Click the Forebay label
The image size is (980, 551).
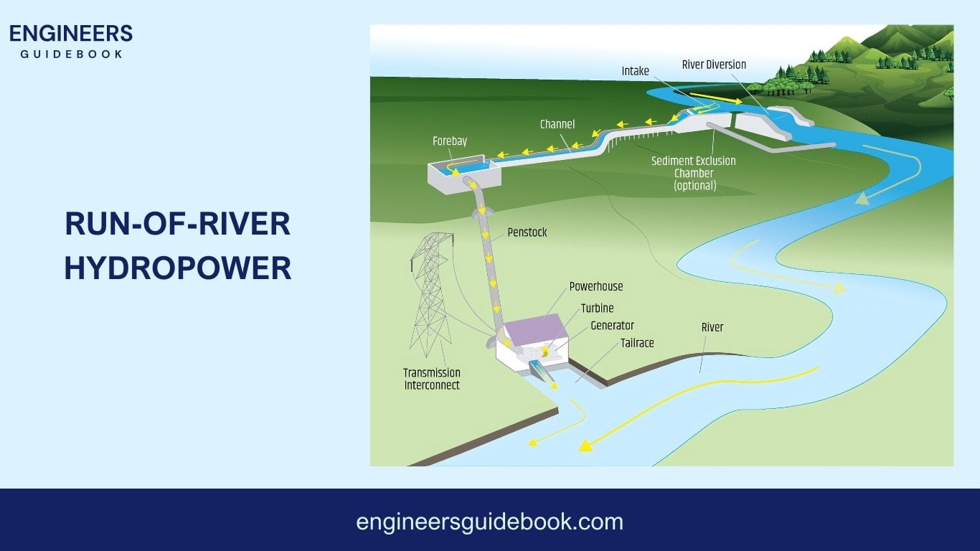(x=449, y=141)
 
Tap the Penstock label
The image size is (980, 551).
(x=527, y=232)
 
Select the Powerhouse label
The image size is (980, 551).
(x=595, y=286)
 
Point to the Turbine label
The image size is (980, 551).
(x=597, y=309)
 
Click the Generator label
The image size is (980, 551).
(x=612, y=326)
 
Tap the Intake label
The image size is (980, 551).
(x=635, y=71)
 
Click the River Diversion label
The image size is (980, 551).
(x=713, y=65)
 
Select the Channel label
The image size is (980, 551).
(x=557, y=125)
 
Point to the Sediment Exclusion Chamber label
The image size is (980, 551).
(x=693, y=173)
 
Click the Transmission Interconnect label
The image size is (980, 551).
(x=431, y=379)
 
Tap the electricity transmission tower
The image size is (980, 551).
(x=430, y=294)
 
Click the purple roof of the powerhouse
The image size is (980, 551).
(x=534, y=330)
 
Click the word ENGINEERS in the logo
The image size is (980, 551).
(x=71, y=34)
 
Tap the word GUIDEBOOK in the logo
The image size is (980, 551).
(x=71, y=55)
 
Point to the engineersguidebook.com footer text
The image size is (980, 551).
(x=489, y=522)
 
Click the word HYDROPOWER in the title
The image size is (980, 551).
(x=177, y=268)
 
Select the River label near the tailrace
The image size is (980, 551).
(x=712, y=327)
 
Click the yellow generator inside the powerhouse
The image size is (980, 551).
(x=545, y=352)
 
